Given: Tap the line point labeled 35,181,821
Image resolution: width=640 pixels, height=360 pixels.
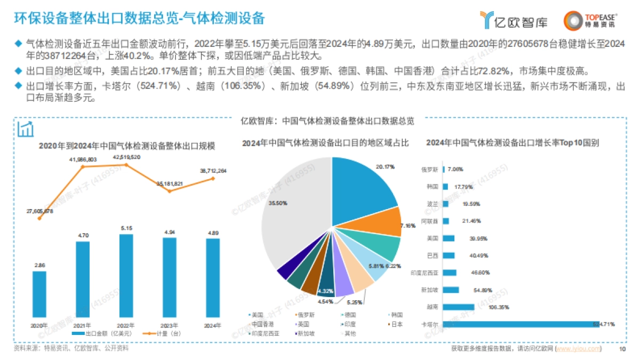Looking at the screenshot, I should tap(170, 191).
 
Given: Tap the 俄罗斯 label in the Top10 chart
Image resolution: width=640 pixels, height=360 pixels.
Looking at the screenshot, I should tap(429, 170).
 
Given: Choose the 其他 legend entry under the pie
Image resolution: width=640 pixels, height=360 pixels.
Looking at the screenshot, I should tap(350, 333).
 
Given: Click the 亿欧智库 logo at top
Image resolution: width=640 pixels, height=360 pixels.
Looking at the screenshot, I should tap(507, 20).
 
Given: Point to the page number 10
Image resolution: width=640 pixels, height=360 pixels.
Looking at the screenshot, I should tap(621, 349).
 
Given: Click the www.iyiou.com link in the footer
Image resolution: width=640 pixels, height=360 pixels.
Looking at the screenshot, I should tap(578, 349).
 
